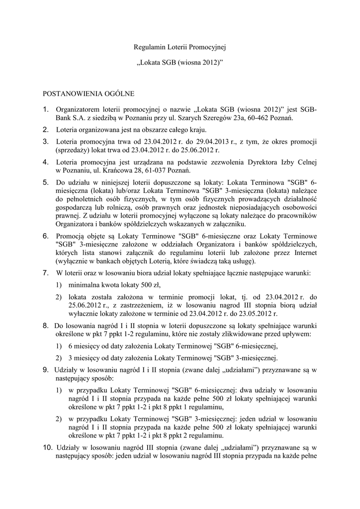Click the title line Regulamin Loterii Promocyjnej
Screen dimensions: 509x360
tap(180, 47)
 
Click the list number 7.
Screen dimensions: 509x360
tap(45, 273)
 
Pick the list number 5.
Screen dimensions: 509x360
tap(45, 182)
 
